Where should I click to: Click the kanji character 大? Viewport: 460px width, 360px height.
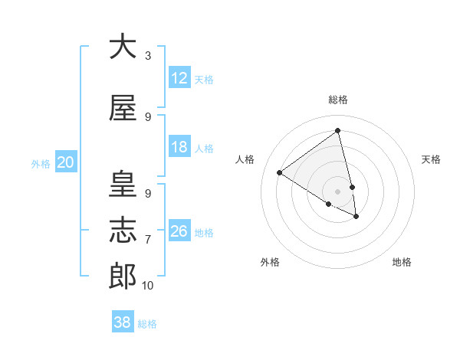point(123,47)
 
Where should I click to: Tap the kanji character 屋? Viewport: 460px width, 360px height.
point(123,109)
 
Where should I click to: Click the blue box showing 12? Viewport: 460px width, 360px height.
point(179,78)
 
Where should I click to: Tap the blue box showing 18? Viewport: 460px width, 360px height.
point(179,147)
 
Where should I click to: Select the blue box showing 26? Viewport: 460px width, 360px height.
point(179,231)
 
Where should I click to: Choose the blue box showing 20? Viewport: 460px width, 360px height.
point(66,162)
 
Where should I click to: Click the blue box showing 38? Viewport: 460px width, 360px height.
point(123,322)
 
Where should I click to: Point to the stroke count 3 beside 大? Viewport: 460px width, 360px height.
point(148,56)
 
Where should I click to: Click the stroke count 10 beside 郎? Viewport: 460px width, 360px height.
point(148,286)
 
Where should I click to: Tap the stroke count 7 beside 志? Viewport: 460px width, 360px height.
point(148,240)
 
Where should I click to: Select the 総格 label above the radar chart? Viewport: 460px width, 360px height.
point(338,100)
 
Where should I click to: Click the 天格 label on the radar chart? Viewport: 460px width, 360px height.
point(431,159)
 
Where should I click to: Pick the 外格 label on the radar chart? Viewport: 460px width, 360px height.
point(270,262)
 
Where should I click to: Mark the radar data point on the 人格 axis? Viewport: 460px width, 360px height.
point(280,172)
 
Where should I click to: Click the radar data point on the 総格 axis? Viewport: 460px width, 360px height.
point(338,131)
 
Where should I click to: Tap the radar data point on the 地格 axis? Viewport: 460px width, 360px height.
point(356,217)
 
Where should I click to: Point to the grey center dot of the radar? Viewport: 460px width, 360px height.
point(338,191)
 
